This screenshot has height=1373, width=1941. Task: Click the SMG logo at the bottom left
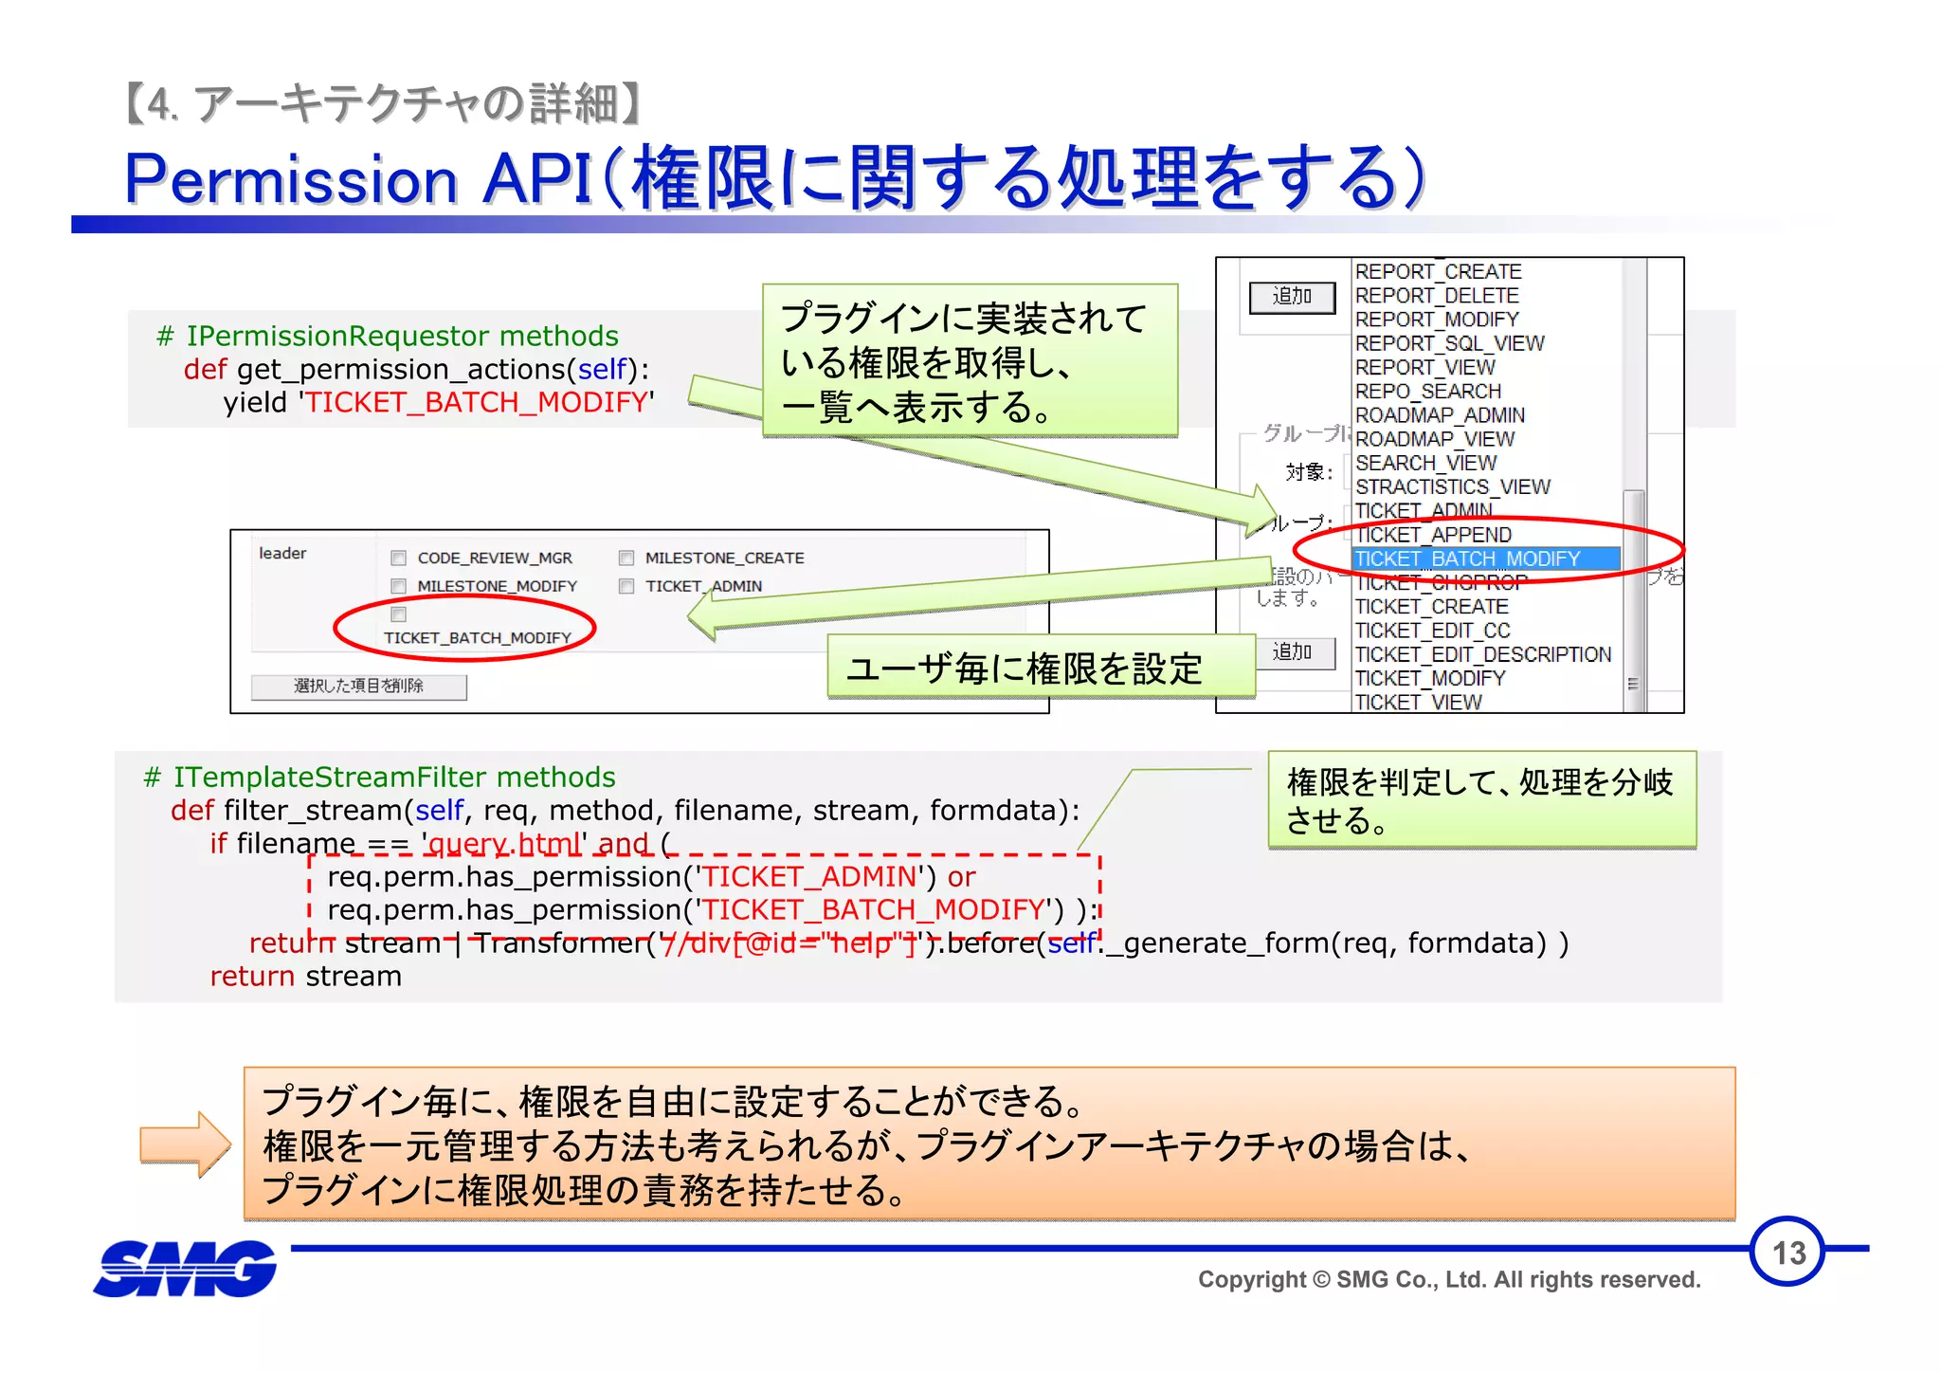(x=186, y=1269)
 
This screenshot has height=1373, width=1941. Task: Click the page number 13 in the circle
(x=1787, y=1253)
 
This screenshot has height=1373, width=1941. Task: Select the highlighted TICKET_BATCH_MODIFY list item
(x=1467, y=559)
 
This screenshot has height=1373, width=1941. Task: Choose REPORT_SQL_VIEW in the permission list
(x=1449, y=343)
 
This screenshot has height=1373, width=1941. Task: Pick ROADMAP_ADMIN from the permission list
(x=1440, y=415)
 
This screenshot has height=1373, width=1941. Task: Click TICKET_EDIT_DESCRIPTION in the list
(x=1482, y=654)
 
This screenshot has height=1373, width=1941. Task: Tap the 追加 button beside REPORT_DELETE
(x=1292, y=297)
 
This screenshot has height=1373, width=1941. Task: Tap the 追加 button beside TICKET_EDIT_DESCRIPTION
(x=1292, y=652)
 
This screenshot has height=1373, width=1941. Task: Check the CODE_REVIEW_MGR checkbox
(x=399, y=558)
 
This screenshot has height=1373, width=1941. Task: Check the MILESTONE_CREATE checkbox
(x=626, y=558)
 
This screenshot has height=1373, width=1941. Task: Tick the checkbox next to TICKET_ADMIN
(x=626, y=587)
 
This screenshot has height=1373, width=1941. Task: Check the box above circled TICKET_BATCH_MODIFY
(x=399, y=614)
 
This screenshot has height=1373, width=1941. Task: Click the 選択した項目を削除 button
(x=358, y=686)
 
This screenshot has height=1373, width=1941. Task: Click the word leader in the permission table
(x=282, y=554)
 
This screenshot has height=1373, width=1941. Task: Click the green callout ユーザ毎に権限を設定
(x=1024, y=668)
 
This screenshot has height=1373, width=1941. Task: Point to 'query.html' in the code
(x=505, y=843)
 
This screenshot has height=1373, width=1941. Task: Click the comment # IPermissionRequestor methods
(x=387, y=336)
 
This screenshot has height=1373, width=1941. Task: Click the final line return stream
(x=305, y=977)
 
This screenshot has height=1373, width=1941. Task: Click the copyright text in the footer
(x=1448, y=1280)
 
